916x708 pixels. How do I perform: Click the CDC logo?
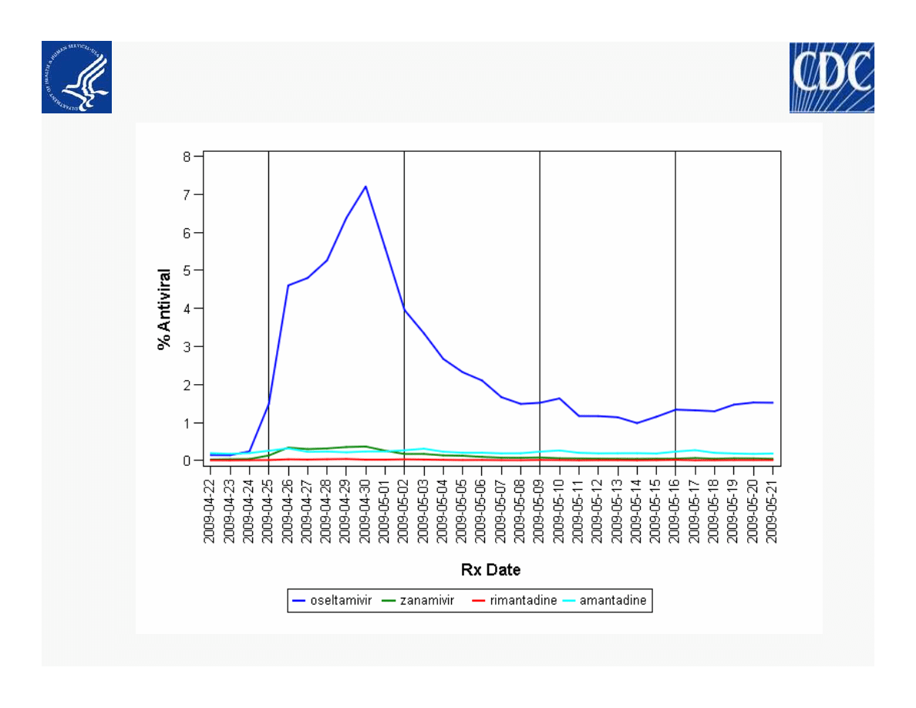pos(831,77)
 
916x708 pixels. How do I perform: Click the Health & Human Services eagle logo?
pos(76,77)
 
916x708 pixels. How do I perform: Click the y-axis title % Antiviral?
pos(164,308)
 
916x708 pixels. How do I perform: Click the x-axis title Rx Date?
pos(490,570)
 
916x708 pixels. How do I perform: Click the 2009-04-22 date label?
pos(210,510)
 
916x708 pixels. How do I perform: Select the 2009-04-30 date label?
pos(365,510)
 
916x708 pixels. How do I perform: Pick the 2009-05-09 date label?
pos(540,510)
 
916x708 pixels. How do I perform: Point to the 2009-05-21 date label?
pos(773,510)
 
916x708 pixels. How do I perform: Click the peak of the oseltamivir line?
pos(365,186)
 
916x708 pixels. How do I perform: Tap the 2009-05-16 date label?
pos(675,510)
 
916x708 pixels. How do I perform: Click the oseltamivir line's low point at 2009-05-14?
pos(637,423)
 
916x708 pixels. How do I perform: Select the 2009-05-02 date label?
pos(404,510)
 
